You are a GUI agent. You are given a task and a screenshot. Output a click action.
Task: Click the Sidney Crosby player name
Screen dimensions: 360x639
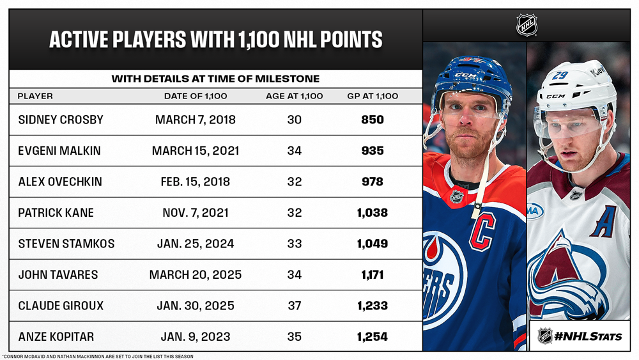(x=61, y=120)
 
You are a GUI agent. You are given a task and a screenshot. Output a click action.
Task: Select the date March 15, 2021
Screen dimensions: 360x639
(x=196, y=151)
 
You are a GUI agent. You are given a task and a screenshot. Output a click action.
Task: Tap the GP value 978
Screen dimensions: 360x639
(x=372, y=182)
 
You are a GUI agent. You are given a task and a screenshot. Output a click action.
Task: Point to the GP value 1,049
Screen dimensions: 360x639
(x=372, y=244)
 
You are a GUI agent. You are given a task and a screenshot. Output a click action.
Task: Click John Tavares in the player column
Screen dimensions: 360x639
(x=58, y=275)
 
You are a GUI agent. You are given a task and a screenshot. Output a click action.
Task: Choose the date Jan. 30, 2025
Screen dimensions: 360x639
(x=196, y=306)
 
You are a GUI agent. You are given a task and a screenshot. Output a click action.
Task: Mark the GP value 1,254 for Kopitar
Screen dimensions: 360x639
(x=372, y=337)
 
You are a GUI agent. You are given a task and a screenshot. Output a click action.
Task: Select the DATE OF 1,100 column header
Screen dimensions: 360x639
(x=196, y=96)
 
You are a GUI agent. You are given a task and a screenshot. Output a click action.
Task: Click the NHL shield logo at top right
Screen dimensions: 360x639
(x=527, y=26)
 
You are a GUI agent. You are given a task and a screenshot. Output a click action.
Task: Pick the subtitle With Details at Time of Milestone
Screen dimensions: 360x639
(x=215, y=79)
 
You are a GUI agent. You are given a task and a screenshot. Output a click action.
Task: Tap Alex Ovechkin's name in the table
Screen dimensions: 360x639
(x=60, y=182)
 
